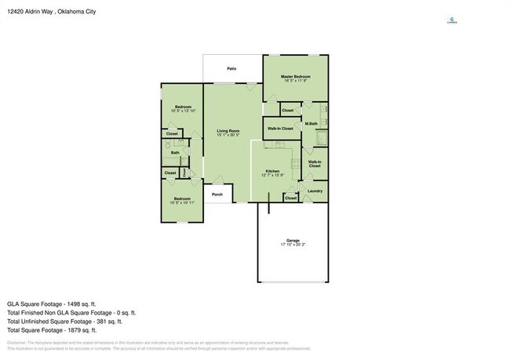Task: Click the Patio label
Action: (x=231, y=69)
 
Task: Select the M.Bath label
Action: (x=311, y=123)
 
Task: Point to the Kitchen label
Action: (x=272, y=170)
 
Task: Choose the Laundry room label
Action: (x=315, y=191)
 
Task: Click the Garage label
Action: (x=293, y=241)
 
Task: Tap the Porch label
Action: (x=217, y=195)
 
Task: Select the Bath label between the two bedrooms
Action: (x=176, y=152)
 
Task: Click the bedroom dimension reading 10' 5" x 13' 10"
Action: (x=184, y=110)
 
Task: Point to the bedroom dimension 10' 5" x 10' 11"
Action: (x=183, y=202)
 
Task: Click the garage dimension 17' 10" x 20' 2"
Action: (x=293, y=245)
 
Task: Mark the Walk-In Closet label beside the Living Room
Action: (x=280, y=128)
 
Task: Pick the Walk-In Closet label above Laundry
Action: (x=315, y=164)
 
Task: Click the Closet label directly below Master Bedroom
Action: (x=288, y=111)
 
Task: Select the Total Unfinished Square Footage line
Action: (x=64, y=321)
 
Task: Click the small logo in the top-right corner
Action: (x=451, y=21)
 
